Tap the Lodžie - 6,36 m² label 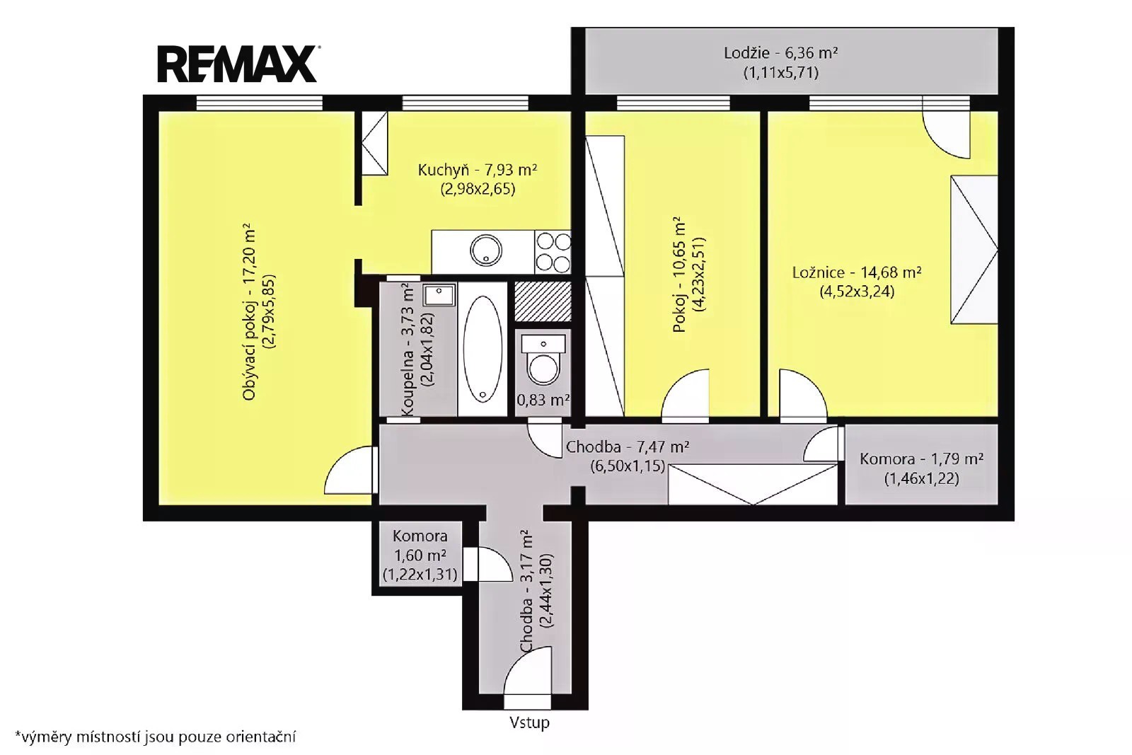(781, 53)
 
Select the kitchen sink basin (485, 250)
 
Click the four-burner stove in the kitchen (553, 252)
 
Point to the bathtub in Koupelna (483, 350)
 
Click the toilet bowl (543, 367)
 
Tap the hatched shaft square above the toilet (543, 301)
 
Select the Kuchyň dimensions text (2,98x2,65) (478, 190)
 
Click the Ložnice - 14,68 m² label (857, 273)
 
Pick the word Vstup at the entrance (529, 722)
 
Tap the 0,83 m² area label (543, 400)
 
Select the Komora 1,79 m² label (921, 459)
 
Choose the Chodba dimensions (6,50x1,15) (628, 466)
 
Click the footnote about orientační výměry (155, 737)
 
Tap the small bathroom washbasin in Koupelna (439, 295)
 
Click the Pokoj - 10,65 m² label (680, 275)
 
